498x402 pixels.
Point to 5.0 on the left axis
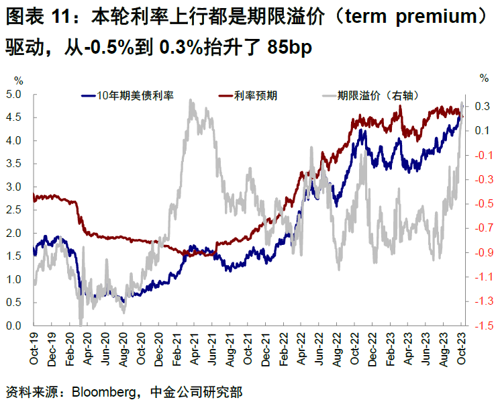[x=14, y=94]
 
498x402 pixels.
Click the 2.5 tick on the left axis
[x=14, y=210]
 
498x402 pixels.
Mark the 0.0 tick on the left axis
[x=14, y=326]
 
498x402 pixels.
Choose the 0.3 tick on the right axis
[x=482, y=106]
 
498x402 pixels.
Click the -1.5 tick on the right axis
[x=481, y=326]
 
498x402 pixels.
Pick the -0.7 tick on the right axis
[x=481, y=228]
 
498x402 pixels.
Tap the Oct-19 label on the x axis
[x=34, y=348]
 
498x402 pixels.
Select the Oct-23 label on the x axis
[x=461, y=348]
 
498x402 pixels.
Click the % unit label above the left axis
[x=18, y=79]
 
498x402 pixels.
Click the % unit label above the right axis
[x=484, y=79]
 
